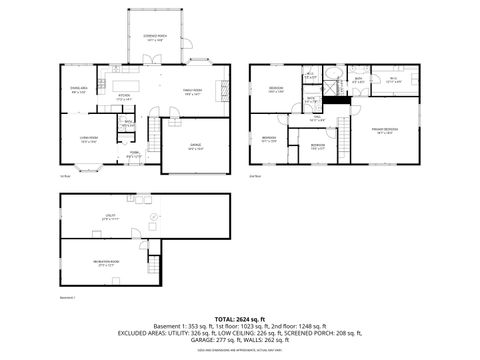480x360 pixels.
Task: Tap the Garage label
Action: (x=196, y=146)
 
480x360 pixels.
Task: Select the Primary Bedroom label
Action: (x=385, y=130)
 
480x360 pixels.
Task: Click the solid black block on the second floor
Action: (x=339, y=98)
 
